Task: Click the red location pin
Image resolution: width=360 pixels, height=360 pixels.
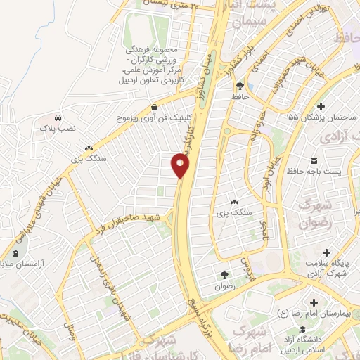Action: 181,166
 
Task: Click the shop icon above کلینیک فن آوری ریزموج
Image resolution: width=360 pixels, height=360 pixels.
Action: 154,107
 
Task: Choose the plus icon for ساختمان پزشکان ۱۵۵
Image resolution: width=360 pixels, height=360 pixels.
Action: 321,106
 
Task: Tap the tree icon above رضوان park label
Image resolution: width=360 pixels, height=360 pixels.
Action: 224,275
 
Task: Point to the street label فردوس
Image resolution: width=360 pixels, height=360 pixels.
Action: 246,266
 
